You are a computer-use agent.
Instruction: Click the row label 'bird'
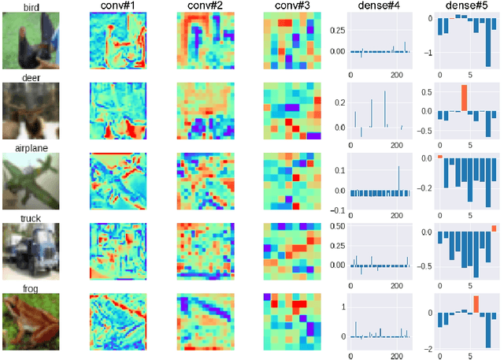pyautogui.click(x=31, y=6)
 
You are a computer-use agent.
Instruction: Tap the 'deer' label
pyautogui.click(x=31, y=78)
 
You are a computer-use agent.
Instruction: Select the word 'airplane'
pyautogui.click(x=31, y=147)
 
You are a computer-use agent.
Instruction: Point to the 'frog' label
pyautogui.click(x=31, y=288)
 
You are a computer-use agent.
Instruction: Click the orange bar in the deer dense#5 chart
pyautogui.click(x=465, y=98)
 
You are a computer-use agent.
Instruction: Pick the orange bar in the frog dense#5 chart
pyautogui.click(x=476, y=304)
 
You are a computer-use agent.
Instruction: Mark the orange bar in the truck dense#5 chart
pyautogui.click(x=494, y=229)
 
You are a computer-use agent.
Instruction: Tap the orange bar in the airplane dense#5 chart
pyautogui.click(x=439, y=157)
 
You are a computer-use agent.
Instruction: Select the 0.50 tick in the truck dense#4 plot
pyautogui.click(x=335, y=226)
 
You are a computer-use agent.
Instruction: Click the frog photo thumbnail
pyautogui.click(x=31, y=321)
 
